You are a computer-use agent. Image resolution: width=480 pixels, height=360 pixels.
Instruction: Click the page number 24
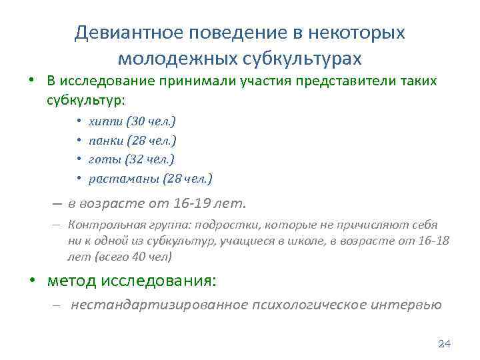[x=444, y=344]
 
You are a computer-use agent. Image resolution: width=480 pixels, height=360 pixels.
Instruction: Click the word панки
[x=103, y=141]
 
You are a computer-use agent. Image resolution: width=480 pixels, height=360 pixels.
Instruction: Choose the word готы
[x=101, y=159]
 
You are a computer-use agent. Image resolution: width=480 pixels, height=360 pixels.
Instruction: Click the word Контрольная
[x=101, y=225]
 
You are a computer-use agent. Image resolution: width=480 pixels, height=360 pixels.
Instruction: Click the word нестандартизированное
[x=158, y=305]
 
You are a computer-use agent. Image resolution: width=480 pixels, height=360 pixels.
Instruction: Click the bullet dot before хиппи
[x=79, y=122]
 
